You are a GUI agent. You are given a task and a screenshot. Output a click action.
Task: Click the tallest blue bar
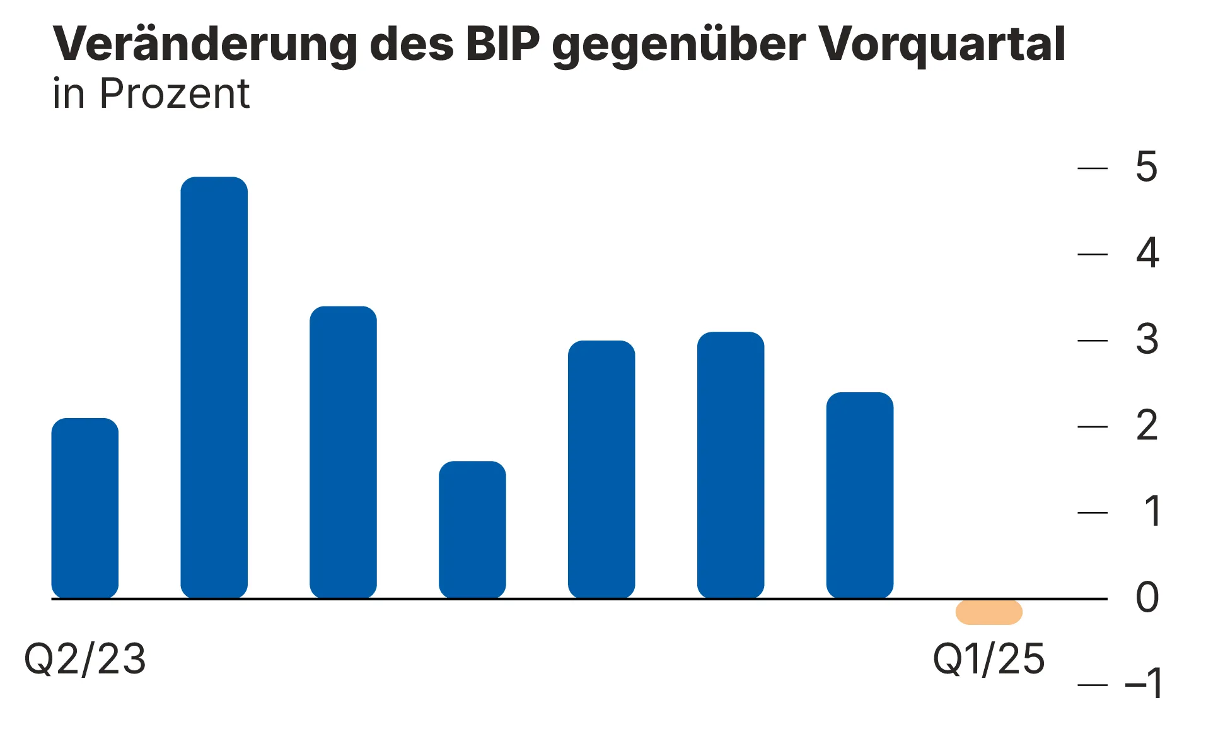(x=214, y=387)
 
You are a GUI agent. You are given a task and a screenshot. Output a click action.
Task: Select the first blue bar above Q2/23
(x=84, y=508)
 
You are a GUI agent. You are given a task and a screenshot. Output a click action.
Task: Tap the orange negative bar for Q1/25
(x=989, y=612)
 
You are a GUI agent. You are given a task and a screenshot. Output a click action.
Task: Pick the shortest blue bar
(x=472, y=530)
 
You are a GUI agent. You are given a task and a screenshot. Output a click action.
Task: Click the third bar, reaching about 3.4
(x=343, y=452)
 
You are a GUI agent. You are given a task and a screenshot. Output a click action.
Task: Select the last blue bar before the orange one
(x=859, y=495)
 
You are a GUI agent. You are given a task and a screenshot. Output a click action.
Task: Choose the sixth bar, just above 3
(x=730, y=465)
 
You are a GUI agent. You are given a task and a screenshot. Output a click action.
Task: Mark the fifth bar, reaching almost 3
(x=601, y=469)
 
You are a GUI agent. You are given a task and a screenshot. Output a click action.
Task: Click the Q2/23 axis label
(x=84, y=659)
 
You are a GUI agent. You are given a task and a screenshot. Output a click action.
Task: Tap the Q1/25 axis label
(x=989, y=659)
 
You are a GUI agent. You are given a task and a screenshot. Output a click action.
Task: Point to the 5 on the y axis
(x=1146, y=167)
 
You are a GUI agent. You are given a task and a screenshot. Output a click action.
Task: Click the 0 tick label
(x=1147, y=598)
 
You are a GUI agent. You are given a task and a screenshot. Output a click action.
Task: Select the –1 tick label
(x=1144, y=684)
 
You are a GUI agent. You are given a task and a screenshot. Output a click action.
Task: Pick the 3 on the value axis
(x=1147, y=340)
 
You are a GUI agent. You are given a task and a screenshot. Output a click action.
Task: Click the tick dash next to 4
(x=1093, y=254)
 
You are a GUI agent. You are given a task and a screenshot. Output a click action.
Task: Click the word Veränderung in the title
(x=205, y=44)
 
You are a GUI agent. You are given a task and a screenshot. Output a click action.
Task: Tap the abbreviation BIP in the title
(x=502, y=44)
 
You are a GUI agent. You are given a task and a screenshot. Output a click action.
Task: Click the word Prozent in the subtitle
(x=175, y=94)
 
